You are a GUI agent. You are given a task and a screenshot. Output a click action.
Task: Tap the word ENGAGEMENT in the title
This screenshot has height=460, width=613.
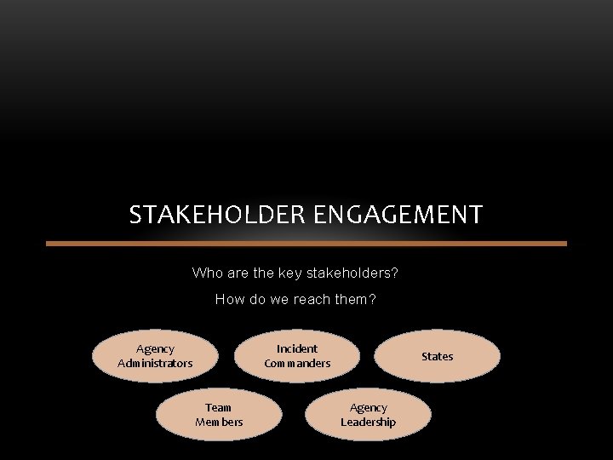point(398,215)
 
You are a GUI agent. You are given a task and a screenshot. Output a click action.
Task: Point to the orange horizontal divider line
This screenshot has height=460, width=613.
point(306,244)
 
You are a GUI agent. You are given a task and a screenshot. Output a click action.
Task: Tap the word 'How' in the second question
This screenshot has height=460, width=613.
point(229,299)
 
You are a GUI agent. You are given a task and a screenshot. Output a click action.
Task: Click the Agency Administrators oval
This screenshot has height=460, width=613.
point(155,356)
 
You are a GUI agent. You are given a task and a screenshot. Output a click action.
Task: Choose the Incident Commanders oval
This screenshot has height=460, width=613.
point(297,356)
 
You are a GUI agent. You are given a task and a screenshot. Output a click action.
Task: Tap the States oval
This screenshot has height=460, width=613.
point(438,356)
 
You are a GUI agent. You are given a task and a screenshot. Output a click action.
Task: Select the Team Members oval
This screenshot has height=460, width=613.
point(219,415)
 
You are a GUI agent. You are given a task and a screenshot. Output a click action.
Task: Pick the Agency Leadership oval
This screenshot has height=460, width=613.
point(369,415)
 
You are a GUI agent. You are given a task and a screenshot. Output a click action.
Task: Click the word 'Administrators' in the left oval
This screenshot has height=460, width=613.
point(155,364)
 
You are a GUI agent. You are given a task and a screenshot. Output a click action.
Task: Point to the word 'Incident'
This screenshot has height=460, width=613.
point(297,348)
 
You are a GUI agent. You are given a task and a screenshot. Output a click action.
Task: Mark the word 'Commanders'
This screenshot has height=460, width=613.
point(297,364)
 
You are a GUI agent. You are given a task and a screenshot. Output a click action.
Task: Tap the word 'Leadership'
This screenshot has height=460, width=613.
point(369,423)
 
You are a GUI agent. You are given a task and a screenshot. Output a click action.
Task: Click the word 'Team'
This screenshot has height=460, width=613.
point(219,407)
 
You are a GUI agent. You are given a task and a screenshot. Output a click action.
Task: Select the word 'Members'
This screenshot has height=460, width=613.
point(219,423)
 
